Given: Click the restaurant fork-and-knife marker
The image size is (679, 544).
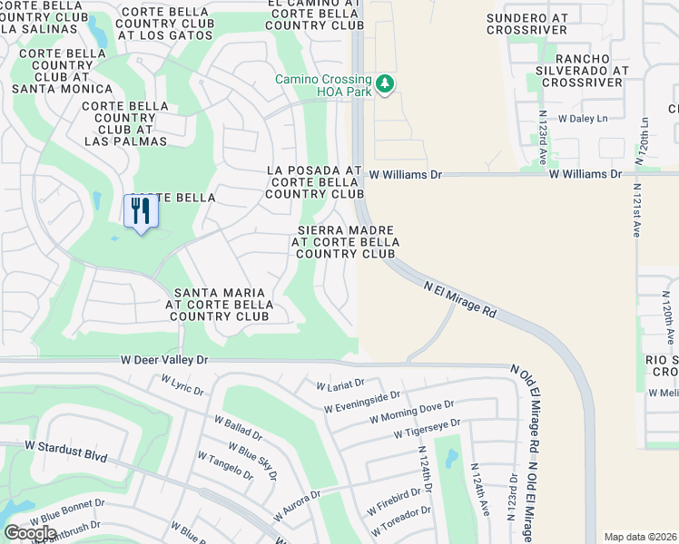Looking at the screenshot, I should (140, 211).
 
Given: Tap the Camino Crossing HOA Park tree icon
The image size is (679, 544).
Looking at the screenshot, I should (386, 83).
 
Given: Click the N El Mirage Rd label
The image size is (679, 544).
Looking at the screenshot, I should (461, 297).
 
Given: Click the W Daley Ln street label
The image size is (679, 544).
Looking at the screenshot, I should (582, 119).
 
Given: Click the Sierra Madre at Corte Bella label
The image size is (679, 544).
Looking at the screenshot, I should (346, 242).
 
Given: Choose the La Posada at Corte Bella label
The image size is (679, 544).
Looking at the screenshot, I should (314, 182).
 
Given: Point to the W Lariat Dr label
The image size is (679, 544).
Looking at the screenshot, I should (339, 385).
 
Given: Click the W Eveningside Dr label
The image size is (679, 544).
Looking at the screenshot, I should (361, 402).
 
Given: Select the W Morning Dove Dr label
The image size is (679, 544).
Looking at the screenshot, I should (411, 411).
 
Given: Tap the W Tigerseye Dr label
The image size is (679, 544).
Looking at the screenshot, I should (427, 429).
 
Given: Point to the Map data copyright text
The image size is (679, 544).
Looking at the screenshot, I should (639, 537).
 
